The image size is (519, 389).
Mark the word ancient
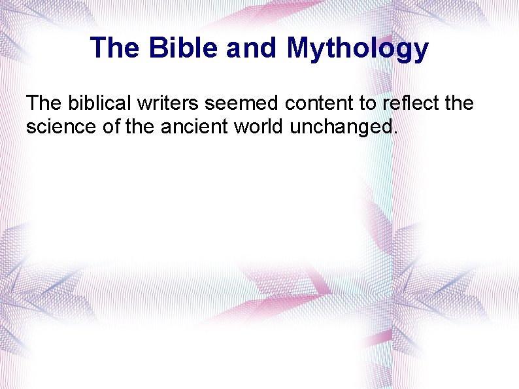click(x=194, y=126)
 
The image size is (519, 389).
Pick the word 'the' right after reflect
click(x=459, y=103)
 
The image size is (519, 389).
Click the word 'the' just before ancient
click(x=140, y=126)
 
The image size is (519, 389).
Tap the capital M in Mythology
click(x=299, y=48)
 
